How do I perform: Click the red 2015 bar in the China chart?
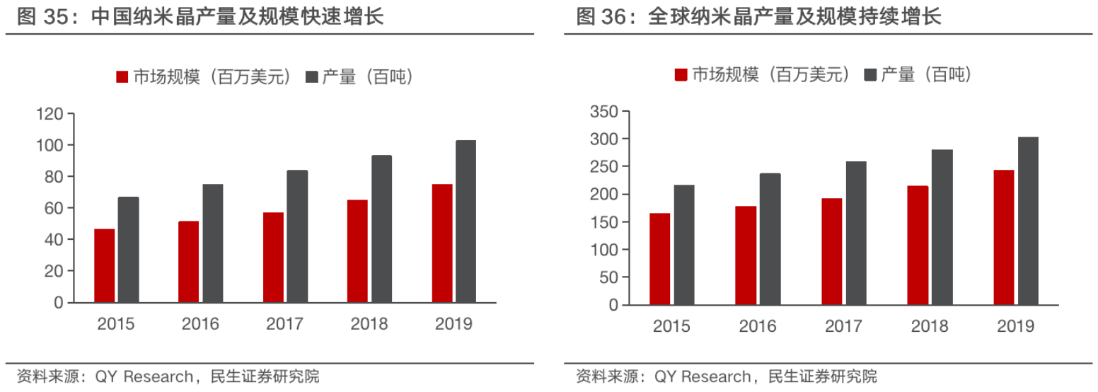coord(104,265)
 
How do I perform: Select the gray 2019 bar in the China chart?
coord(466,221)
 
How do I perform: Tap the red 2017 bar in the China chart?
coord(273,257)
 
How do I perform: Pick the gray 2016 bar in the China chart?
coord(212,243)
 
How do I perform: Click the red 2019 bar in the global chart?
coord(1003,237)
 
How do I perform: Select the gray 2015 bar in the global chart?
coord(684,245)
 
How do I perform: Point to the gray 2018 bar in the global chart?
coord(942,227)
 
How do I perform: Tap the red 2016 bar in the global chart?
coord(746,255)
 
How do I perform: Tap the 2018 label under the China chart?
coord(369,325)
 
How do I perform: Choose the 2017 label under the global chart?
coord(843,326)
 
